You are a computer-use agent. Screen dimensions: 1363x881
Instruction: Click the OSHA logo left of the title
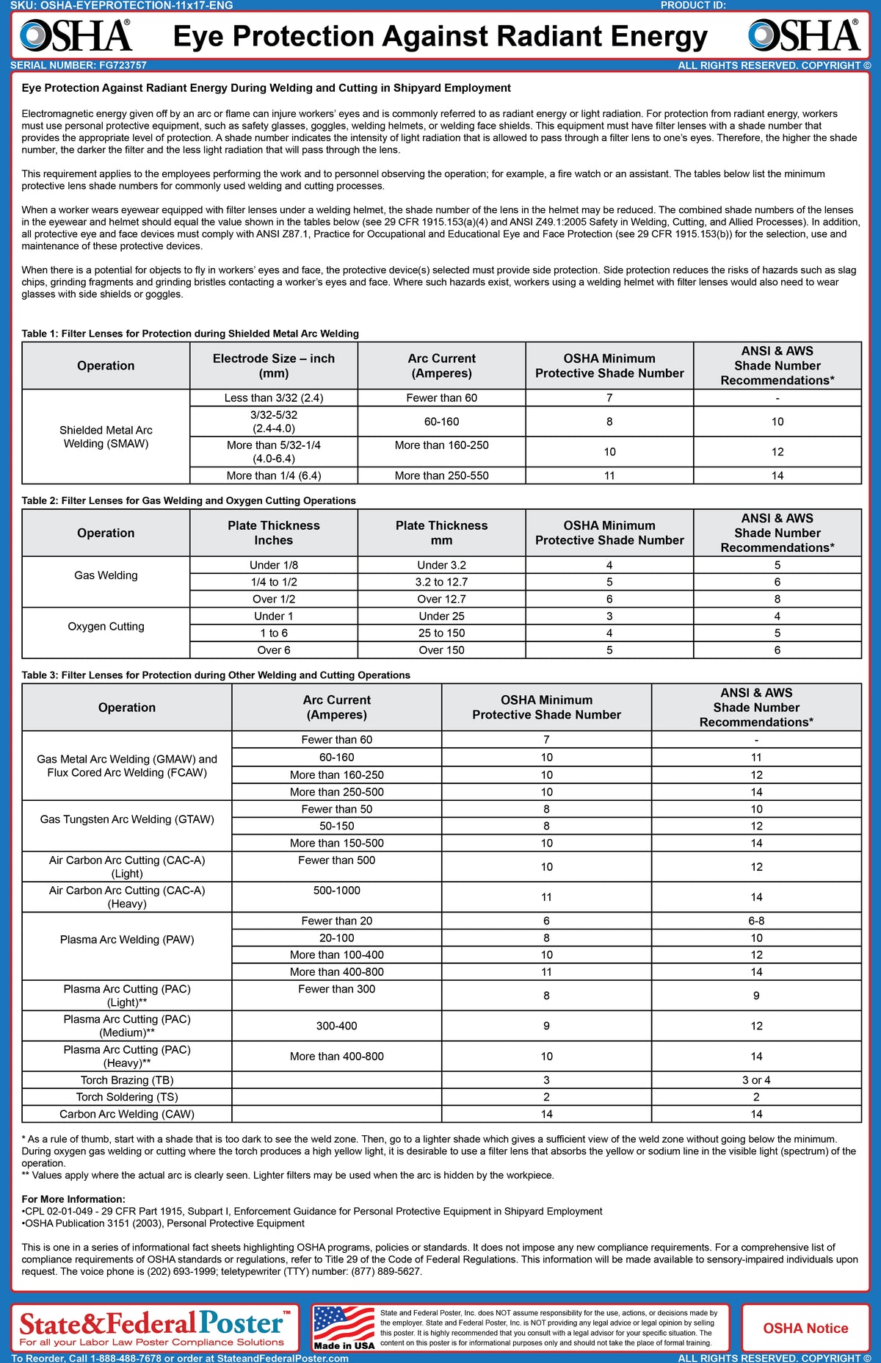point(76,35)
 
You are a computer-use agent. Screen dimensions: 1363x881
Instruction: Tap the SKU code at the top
point(122,5)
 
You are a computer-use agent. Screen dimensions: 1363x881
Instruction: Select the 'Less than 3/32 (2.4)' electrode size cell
point(274,398)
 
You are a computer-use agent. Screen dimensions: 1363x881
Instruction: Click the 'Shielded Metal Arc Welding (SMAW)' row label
point(106,436)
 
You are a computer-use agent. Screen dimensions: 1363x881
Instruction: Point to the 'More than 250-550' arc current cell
point(441,475)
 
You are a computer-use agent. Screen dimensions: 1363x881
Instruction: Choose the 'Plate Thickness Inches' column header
point(274,533)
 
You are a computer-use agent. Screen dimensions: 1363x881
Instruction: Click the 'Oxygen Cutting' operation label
point(106,626)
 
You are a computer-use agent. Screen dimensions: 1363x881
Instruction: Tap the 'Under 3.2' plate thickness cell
point(441,565)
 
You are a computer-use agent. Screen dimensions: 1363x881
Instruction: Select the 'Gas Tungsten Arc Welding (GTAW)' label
point(127,819)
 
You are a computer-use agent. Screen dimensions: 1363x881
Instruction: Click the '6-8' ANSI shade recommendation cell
point(756,921)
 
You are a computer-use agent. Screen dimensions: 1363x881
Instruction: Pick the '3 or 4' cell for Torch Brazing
point(756,1080)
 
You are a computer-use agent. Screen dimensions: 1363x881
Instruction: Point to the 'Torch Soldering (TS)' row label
point(127,1097)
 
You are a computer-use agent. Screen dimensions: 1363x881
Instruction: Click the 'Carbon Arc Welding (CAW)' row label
point(127,1114)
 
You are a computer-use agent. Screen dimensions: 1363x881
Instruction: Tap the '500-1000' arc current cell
point(336,891)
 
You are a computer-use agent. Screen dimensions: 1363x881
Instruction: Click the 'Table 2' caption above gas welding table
point(189,500)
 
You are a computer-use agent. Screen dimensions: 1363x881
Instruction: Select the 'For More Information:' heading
point(73,1199)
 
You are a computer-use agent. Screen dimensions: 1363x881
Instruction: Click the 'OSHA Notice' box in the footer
point(805,1328)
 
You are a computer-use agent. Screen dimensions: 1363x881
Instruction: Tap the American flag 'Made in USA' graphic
point(344,1328)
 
